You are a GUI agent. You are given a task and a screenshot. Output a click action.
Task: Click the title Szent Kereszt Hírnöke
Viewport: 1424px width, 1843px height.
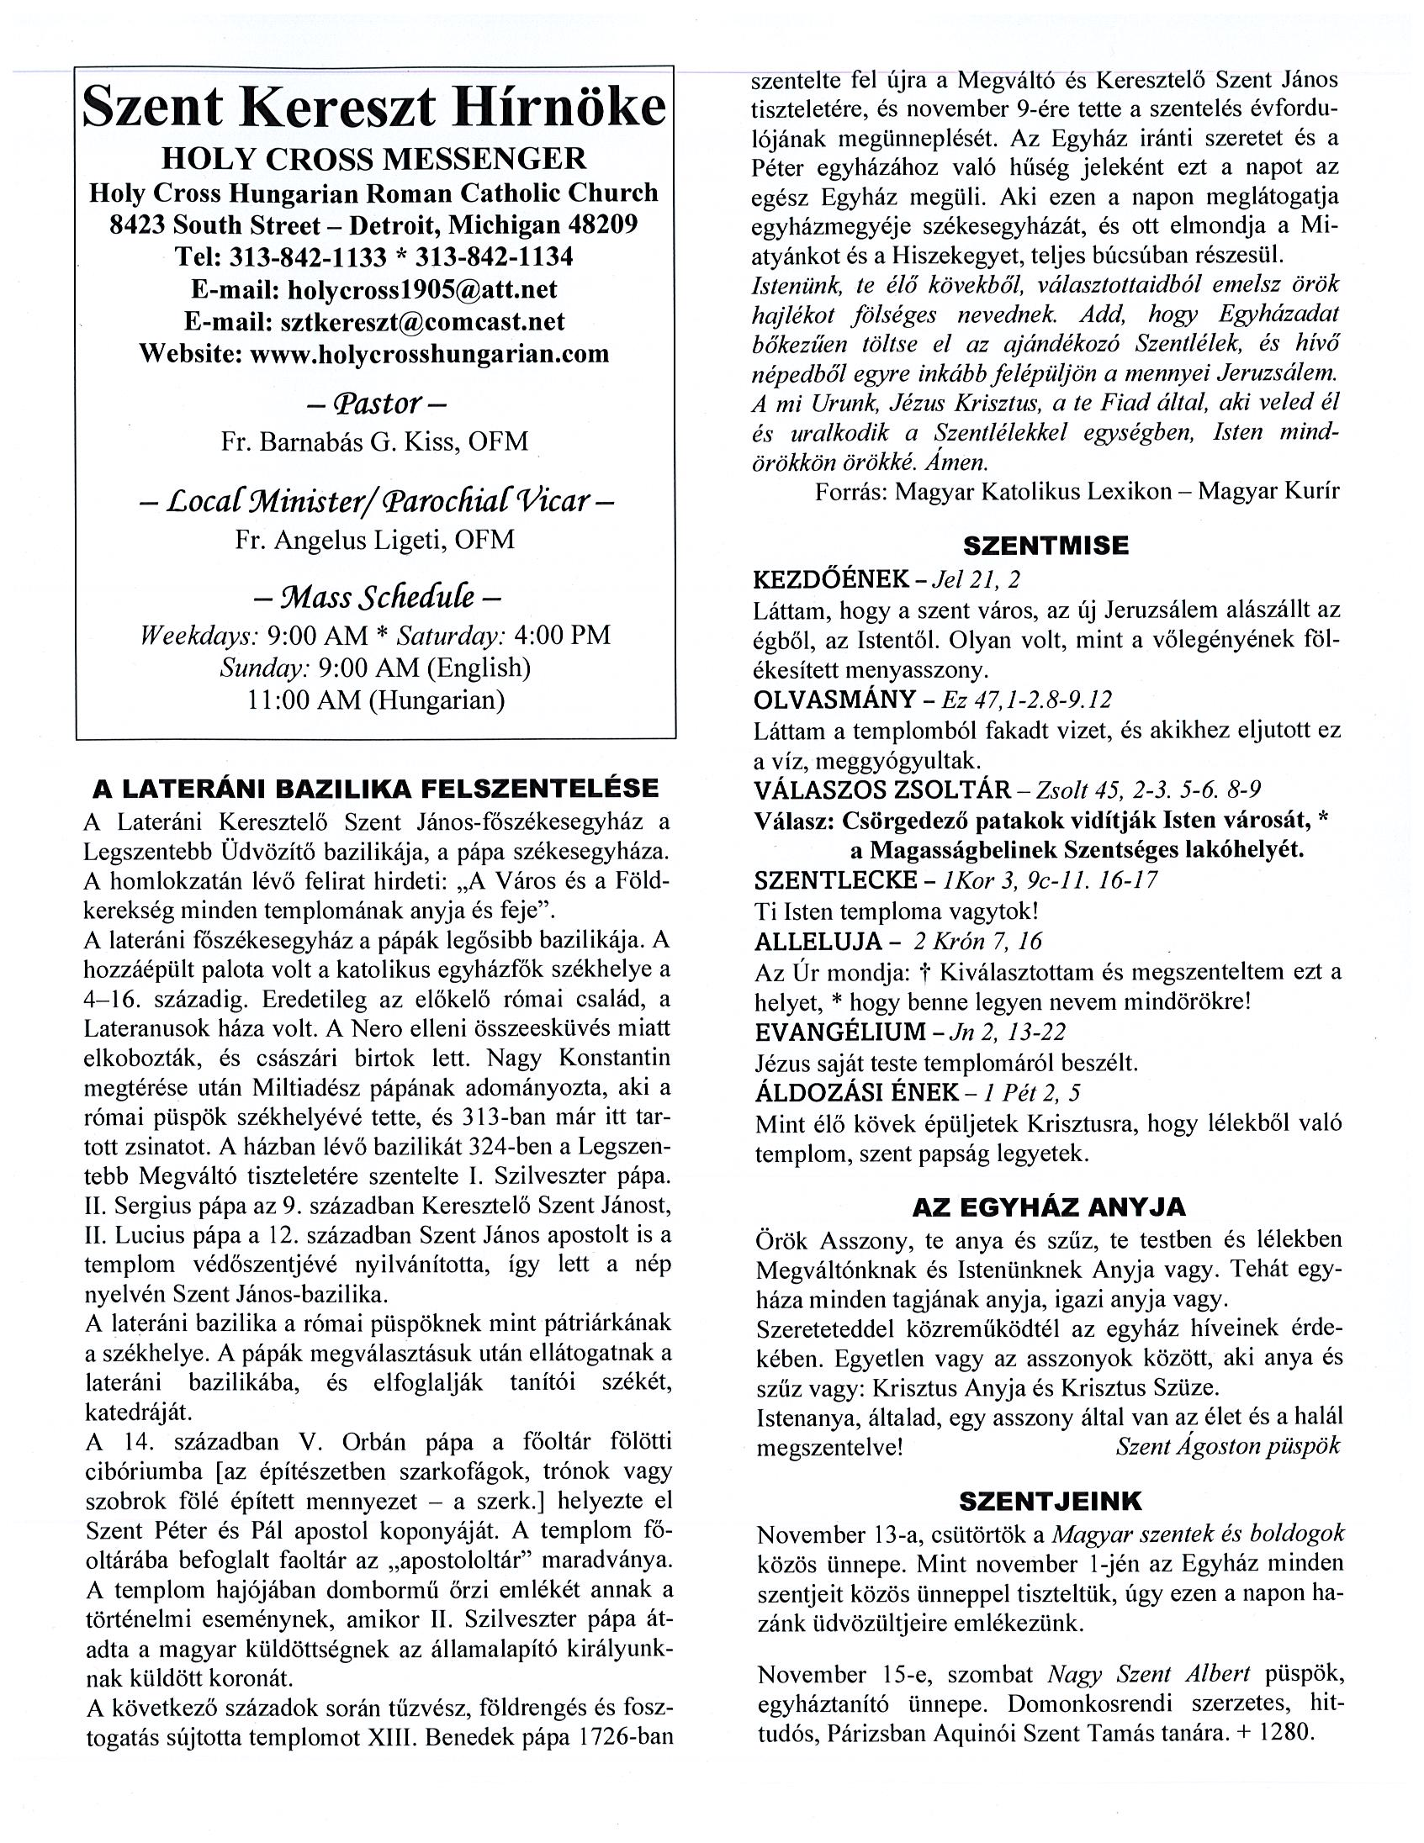coord(375,108)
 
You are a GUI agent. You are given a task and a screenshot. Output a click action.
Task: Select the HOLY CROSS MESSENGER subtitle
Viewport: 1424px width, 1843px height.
coord(375,159)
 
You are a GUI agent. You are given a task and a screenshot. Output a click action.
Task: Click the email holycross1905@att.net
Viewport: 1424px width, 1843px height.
coord(422,289)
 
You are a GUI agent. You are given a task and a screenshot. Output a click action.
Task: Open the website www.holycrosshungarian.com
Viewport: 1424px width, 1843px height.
coord(430,353)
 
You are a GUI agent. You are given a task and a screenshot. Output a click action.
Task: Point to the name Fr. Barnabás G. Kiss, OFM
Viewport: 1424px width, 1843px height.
coord(375,441)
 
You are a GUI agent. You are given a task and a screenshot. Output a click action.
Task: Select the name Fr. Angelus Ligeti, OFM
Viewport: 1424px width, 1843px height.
coord(375,539)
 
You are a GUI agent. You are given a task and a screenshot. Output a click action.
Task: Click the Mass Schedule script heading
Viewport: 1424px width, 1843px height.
coord(377,598)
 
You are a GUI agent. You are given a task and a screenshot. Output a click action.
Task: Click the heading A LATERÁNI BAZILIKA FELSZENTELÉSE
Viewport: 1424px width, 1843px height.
coord(375,788)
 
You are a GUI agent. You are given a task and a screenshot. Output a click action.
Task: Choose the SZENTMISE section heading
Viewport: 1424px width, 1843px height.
coord(1046,545)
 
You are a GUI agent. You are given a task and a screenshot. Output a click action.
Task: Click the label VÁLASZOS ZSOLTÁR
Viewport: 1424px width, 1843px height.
coord(882,789)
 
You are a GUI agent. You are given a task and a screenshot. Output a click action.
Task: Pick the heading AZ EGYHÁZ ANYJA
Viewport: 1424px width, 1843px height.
coord(1049,1207)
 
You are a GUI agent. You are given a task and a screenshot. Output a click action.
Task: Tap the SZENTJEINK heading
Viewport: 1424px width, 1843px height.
coord(1051,1501)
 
